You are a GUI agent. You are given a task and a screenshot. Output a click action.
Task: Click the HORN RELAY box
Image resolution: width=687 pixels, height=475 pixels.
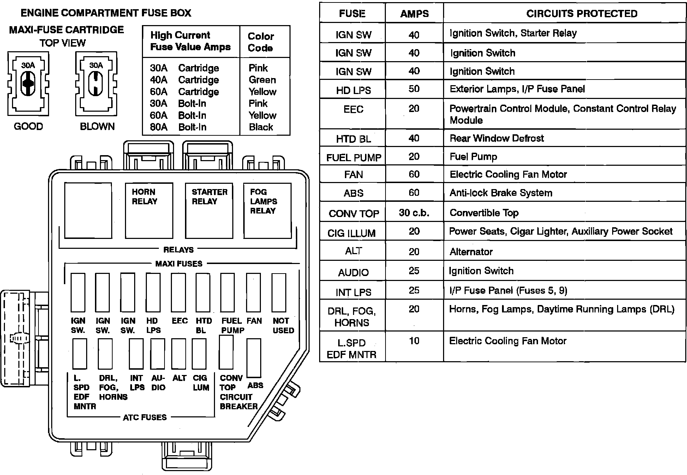tap(149, 210)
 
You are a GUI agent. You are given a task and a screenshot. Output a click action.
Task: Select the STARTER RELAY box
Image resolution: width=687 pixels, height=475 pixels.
tap(209, 210)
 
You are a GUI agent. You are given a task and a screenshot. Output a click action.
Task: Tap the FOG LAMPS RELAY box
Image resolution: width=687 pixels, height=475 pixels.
tap(267, 210)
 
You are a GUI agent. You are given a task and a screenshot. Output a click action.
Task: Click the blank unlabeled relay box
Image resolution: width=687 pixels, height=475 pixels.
tap(88, 210)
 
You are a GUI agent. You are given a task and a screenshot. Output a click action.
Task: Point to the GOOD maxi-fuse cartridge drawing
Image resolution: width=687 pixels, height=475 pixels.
tap(28, 84)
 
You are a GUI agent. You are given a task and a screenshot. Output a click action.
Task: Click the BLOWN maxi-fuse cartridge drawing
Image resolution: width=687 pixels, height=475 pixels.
tap(96, 84)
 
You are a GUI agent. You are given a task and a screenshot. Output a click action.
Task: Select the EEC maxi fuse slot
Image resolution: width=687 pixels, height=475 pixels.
tap(178, 292)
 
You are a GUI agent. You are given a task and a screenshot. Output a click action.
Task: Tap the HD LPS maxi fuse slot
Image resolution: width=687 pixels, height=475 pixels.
tap(153, 292)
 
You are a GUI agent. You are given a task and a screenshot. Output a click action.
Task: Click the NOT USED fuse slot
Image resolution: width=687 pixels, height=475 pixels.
tap(279, 292)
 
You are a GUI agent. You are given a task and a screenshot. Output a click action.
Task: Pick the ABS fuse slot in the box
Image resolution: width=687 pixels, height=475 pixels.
tap(254, 358)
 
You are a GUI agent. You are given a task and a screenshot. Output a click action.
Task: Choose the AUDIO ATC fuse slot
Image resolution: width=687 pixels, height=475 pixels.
tap(157, 354)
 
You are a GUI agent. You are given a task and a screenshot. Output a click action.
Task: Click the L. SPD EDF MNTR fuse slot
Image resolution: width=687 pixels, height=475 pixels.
tap(80, 354)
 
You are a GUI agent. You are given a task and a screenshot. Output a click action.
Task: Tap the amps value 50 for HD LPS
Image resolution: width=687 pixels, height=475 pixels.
tap(414, 89)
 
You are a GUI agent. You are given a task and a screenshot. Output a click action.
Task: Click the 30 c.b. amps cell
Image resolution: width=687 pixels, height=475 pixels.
tap(414, 213)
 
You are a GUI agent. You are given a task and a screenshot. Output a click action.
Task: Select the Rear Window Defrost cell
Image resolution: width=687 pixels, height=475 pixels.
tap(496, 138)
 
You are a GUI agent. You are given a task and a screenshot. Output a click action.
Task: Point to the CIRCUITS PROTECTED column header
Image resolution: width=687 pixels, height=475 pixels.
tap(582, 13)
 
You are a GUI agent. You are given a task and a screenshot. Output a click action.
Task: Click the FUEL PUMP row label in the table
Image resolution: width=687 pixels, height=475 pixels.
tap(353, 158)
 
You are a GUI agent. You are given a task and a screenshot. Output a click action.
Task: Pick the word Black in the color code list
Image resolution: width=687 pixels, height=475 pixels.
tap(261, 127)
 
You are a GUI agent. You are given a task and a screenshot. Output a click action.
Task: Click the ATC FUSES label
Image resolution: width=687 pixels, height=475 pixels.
tap(144, 417)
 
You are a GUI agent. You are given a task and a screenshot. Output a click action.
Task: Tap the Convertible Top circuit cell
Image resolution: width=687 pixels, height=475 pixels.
tap(484, 213)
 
